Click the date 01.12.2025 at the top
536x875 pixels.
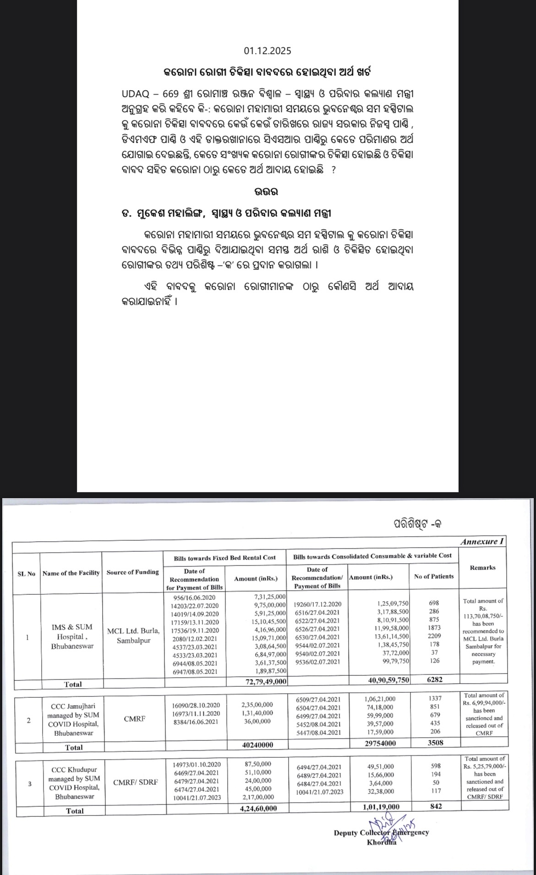tap(267, 50)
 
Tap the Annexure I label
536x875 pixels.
tap(482, 542)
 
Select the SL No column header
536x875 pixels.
tap(26, 574)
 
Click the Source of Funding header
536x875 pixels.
tap(132, 572)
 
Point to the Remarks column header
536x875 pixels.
tap(482, 567)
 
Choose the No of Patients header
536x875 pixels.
tap(433, 576)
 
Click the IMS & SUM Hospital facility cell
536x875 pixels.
tap(72, 636)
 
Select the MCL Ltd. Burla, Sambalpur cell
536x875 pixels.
tap(133, 636)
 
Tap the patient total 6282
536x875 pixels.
tap(434, 679)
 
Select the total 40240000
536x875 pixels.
tap(257, 745)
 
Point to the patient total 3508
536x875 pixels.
tap(435, 743)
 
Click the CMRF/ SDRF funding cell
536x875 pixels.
tap(135, 782)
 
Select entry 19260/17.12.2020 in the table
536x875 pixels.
tap(317, 604)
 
